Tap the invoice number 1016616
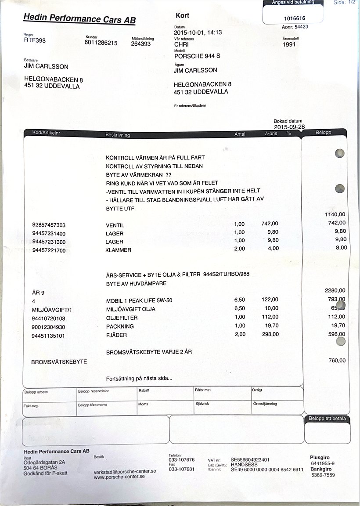click(295, 18)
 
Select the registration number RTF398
click(35, 40)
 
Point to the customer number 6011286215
click(101, 43)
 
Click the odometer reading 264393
click(140, 44)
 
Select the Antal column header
click(240, 134)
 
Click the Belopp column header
click(323, 132)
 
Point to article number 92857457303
click(49, 225)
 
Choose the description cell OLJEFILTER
click(122, 318)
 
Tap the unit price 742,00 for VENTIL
click(270, 224)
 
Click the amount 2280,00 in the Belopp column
click(335, 290)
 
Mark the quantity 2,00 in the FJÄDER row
click(239, 334)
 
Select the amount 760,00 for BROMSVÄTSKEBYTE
click(337, 361)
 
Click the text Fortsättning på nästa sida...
click(139, 379)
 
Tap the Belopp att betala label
click(327, 419)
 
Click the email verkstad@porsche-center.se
click(125, 471)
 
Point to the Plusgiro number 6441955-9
click(322, 463)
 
